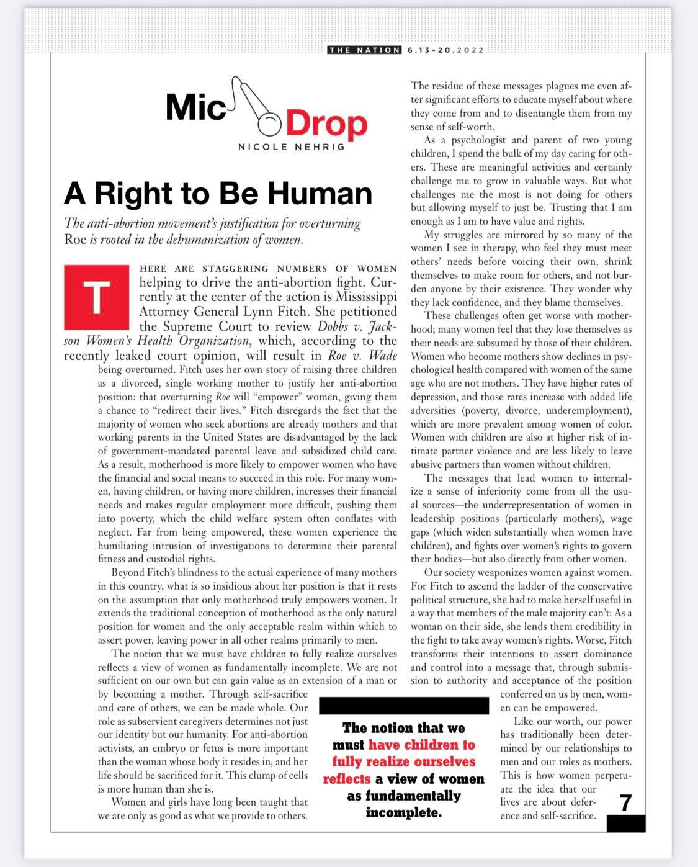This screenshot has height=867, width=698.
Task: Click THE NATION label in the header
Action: (x=364, y=50)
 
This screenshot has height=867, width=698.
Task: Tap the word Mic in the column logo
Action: (x=195, y=107)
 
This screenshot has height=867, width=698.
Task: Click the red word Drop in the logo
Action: (x=326, y=124)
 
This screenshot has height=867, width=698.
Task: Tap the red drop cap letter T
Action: (x=96, y=297)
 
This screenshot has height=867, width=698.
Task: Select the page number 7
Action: (x=626, y=802)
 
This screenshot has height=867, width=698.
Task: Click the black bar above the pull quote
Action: (x=403, y=706)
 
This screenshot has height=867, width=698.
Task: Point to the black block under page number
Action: (x=625, y=824)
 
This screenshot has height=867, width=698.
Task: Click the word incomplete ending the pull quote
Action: (x=403, y=812)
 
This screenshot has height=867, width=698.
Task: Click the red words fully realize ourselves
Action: (x=403, y=761)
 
